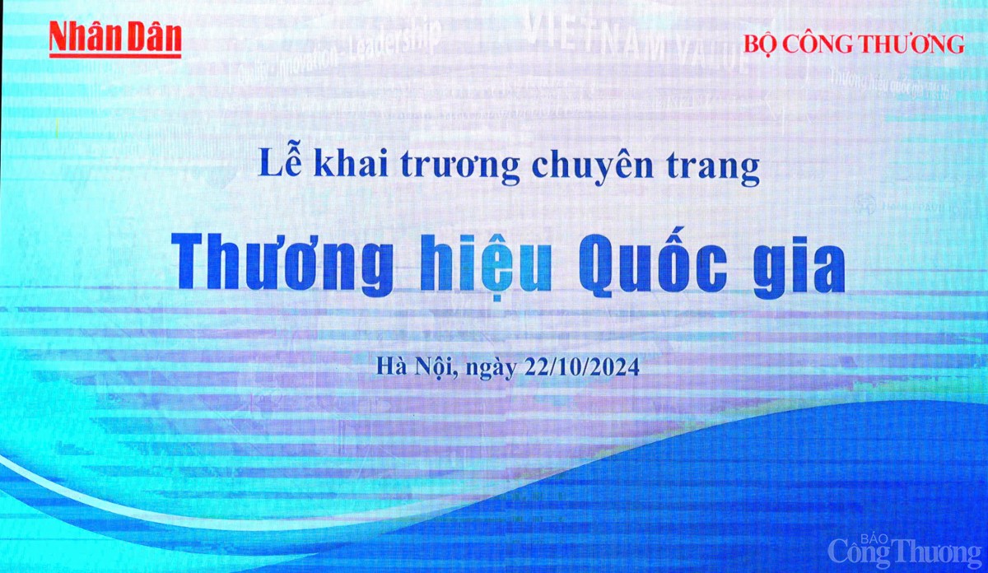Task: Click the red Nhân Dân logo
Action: [114, 38]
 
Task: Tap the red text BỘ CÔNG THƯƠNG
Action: [854, 44]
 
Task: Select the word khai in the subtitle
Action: [346, 166]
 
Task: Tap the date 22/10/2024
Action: [581, 368]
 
